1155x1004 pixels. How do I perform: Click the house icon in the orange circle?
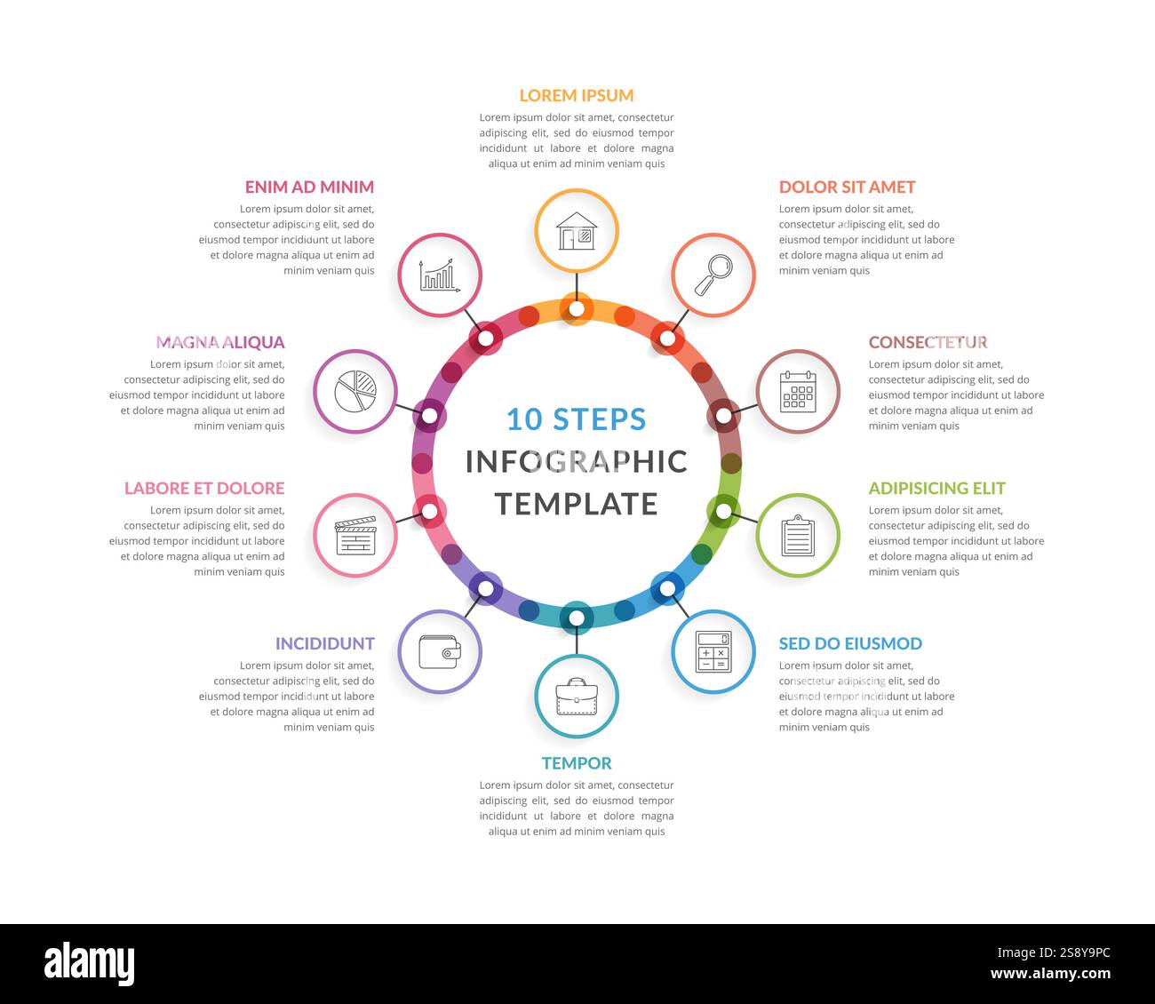tap(577, 231)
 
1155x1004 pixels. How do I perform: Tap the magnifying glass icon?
tap(713, 275)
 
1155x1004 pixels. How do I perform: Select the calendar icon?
tap(798, 392)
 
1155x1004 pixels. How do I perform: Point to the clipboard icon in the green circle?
tap(798, 536)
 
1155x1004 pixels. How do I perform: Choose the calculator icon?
tap(713, 652)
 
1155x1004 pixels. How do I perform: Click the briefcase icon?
tap(577, 697)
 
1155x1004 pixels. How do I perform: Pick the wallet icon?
tap(440, 652)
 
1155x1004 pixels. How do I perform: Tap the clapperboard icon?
tap(355, 536)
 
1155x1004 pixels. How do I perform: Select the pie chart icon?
tap(355, 392)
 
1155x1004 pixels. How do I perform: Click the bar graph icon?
tap(440, 275)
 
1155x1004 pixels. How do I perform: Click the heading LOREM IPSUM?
tap(577, 95)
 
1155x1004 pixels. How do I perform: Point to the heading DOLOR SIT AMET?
tap(847, 187)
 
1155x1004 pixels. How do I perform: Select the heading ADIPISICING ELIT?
tap(936, 488)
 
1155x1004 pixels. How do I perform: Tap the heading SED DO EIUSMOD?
tap(850, 643)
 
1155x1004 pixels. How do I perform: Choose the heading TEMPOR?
tap(577, 763)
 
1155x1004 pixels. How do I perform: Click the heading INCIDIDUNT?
tap(324, 643)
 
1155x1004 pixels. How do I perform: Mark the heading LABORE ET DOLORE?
tap(204, 488)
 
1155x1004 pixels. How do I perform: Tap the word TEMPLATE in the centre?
tap(577, 504)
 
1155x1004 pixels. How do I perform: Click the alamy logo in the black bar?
tap(89, 964)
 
